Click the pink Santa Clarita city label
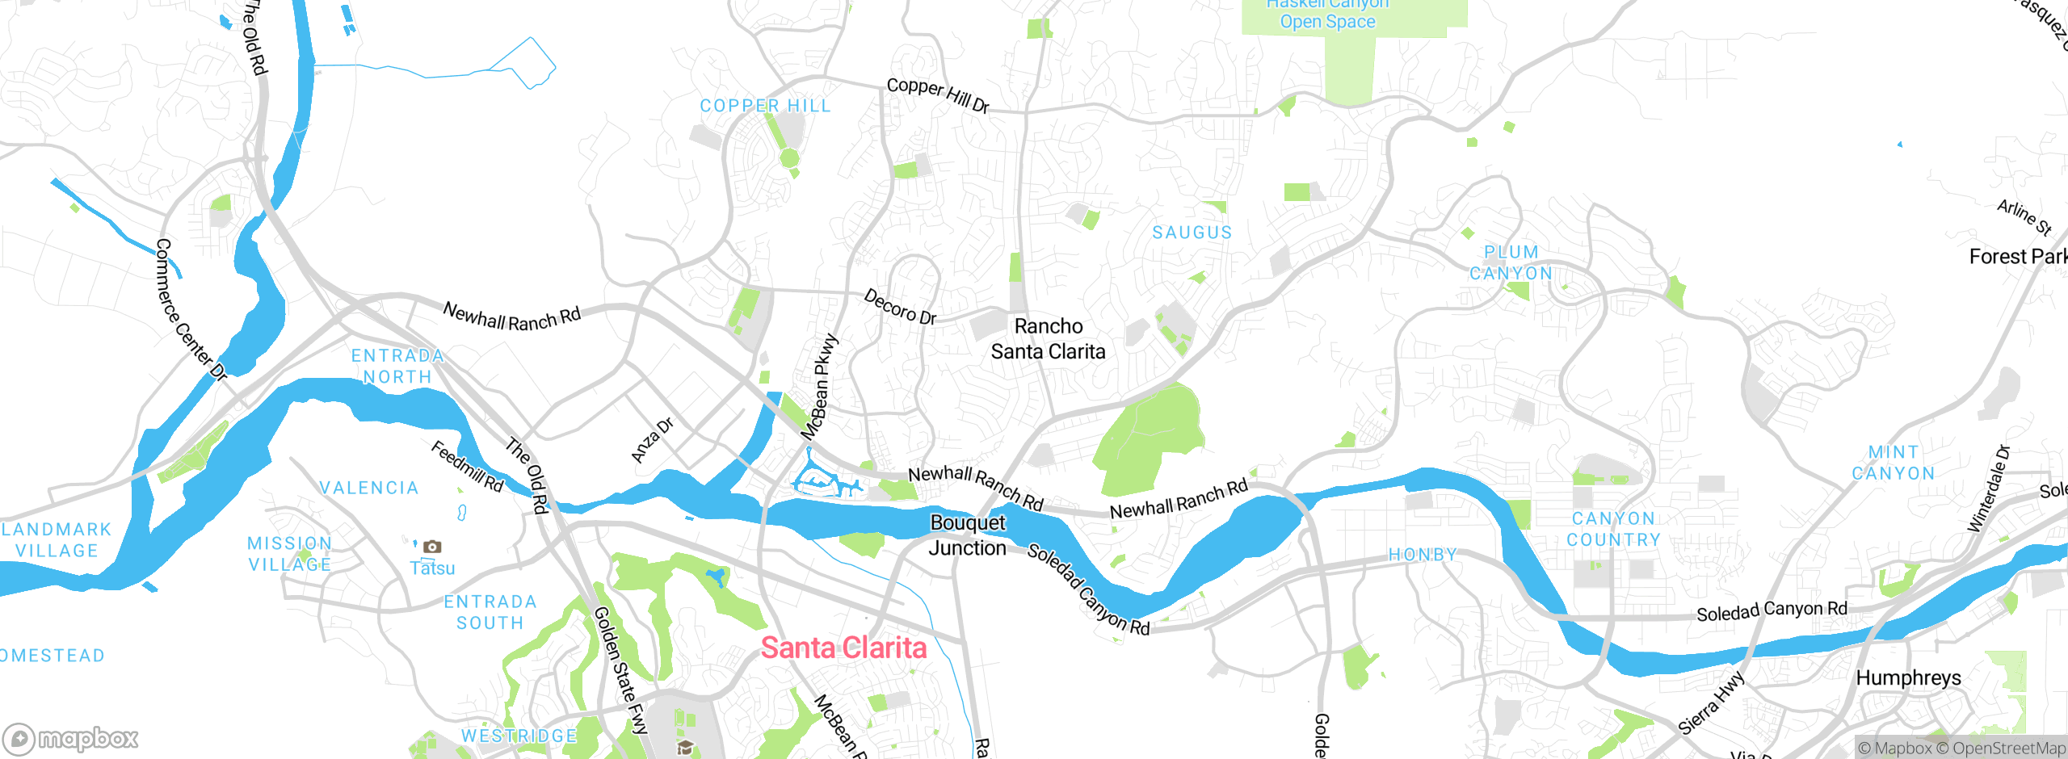(843, 648)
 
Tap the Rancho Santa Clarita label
(1048, 339)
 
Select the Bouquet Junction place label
(967, 535)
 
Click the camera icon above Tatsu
(432, 547)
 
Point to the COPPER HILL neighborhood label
(764, 106)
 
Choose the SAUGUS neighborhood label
(1192, 233)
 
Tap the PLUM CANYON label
(1511, 263)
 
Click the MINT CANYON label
(1893, 463)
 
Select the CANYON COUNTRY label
(1613, 529)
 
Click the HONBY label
(1423, 555)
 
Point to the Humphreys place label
(1908, 677)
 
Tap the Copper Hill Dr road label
(937, 95)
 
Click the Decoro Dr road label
(900, 308)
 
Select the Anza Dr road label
(652, 440)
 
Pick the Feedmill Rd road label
(467, 467)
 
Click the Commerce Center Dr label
(190, 309)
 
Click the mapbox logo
(71, 738)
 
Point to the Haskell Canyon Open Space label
(1327, 14)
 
